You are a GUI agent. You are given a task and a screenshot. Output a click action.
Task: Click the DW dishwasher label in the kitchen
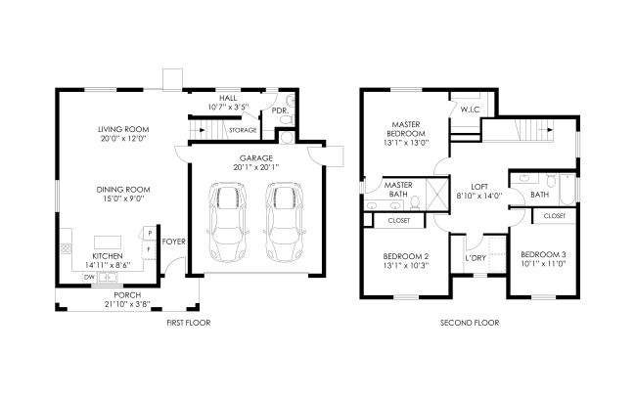(x=89, y=278)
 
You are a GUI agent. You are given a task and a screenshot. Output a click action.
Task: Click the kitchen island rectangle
(x=108, y=243)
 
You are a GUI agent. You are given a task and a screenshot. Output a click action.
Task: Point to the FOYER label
(x=173, y=242)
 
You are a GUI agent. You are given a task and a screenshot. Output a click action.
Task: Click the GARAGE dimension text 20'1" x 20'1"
(x=256, y=167)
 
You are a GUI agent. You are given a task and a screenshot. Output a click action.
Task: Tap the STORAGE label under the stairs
(x=243, y=130)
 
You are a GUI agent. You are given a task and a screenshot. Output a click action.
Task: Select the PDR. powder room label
(x=280, y=110)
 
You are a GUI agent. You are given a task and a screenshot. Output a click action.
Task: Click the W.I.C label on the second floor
(x=470, y=110)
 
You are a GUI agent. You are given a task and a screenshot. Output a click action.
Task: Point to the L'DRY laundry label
(x=476, y=258)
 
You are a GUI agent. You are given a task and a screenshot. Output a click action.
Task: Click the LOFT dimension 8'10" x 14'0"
(x=479, y=196)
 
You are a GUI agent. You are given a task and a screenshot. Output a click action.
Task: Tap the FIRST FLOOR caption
(x=189, y=323)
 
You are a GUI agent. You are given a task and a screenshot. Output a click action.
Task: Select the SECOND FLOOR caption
(x=470, y=323)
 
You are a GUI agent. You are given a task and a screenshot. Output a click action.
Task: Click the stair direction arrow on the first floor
(x=201, y=130)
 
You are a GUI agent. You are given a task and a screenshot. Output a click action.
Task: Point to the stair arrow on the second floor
(x=548, y=130)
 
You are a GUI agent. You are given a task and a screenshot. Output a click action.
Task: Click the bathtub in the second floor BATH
(x=568, y=190)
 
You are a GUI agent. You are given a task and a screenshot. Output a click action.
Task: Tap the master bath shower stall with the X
(x=436, y=195)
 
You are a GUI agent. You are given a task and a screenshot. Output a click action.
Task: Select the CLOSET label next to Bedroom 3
(x=555, y=216)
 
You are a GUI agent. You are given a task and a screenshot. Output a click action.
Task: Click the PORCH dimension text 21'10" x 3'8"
(x=127, y=304)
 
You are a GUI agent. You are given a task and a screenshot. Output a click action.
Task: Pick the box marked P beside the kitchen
(x=150, y=233)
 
